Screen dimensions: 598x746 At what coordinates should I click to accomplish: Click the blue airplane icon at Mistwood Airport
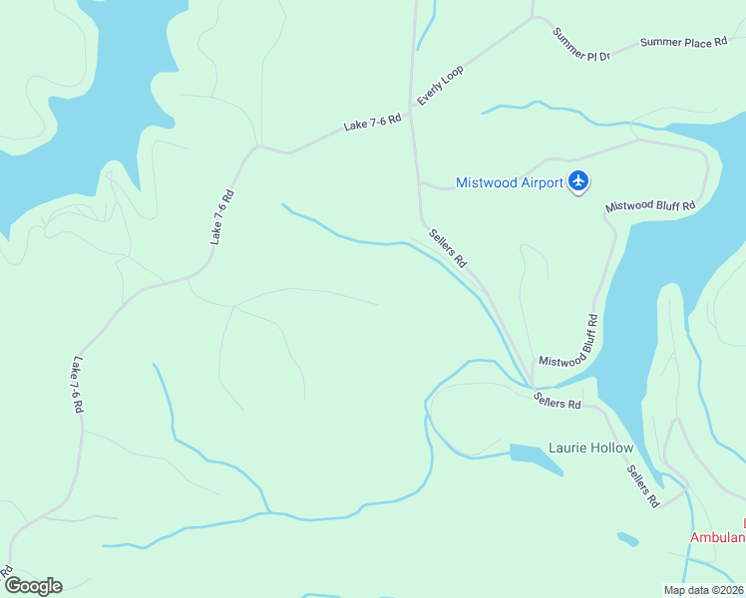click(578, 181)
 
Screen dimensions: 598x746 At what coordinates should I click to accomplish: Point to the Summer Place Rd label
click(683, 42)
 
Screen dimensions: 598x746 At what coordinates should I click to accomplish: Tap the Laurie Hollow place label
click(590, 448)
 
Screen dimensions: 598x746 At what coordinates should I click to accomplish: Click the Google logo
click(33, 586)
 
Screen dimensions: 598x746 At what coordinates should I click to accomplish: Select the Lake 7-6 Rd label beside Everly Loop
click(372, 123)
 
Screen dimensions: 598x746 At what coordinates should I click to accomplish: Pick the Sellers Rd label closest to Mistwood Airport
click(448, 249)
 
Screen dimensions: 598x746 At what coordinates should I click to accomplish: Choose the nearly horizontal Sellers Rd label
click(557, 401)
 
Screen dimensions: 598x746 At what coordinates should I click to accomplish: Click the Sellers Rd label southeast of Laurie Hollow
click(644, 486)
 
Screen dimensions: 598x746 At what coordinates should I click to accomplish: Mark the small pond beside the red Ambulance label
click(627, 540)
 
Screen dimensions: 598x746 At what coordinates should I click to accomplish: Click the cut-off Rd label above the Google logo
click(6, 572)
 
